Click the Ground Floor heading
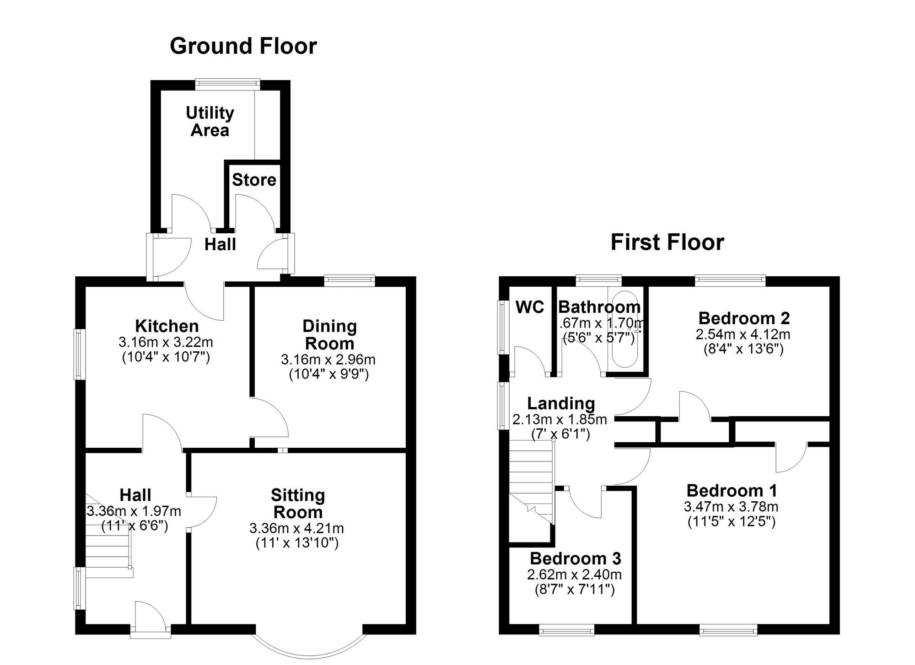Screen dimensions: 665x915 pos(243,46)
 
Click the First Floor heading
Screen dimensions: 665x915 pos(667,242)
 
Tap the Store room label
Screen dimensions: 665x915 pos(254,180)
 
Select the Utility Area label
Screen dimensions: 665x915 pos(210,121)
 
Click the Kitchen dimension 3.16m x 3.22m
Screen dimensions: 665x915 pos(166,342)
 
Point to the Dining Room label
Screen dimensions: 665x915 pos(329,334)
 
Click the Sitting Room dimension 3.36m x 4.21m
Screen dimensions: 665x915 pos(296,528)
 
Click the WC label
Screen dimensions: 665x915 pos(530,307)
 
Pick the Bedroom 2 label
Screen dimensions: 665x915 pos(744,318)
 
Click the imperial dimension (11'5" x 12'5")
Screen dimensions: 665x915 pos(731,521)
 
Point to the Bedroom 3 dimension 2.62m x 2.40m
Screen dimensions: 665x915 pos(574,574)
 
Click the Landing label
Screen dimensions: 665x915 pos(561,403)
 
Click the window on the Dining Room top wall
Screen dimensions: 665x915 pos(350,280)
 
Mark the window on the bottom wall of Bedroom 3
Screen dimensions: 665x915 pos(566,631)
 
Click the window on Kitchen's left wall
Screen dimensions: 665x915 pos(80,354)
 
